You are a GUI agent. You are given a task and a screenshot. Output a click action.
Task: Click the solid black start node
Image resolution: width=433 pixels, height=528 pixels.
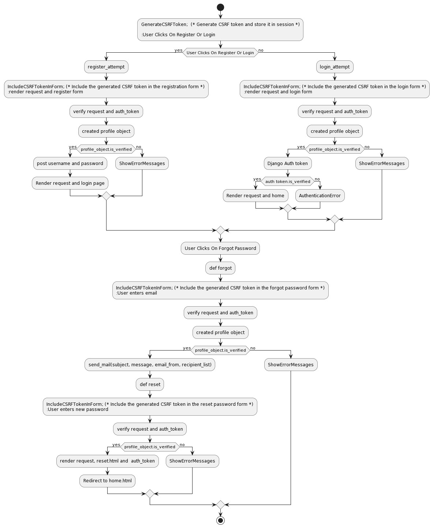tap(220, 7)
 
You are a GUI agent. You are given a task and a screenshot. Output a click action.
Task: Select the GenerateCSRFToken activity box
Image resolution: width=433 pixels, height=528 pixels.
tap(220, 30)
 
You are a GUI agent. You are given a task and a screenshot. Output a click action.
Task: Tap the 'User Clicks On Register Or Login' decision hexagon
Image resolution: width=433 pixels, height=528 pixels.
tap(220, 53)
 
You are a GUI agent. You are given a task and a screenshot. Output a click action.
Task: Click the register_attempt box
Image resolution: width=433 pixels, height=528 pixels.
tap(106, 67)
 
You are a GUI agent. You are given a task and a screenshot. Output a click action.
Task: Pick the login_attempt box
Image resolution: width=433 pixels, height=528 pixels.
tap(335, 67)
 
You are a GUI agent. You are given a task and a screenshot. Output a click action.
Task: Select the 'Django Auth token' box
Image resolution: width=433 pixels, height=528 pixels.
tap(288, 164)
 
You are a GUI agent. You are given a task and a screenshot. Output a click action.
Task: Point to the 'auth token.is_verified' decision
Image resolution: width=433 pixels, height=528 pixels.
tap(288, 181)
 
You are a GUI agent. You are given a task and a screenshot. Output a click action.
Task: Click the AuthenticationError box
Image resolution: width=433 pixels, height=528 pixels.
tap(320, 196)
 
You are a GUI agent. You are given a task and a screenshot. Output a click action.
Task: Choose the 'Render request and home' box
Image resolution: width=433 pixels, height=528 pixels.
tap(255, 196)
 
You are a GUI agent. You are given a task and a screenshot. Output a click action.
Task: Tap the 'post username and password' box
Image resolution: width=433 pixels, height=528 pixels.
tap(70, 164)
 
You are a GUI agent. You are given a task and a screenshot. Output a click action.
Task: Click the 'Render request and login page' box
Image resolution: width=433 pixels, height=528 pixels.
tap(70, 183)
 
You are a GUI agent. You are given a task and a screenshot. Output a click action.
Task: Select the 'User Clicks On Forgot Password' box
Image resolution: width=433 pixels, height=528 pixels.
tap(220, 248)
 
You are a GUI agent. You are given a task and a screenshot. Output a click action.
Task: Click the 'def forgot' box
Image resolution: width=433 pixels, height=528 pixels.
tap(220, 268)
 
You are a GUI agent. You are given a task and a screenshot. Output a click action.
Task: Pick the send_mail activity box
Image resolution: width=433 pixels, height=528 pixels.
tap(150, 365)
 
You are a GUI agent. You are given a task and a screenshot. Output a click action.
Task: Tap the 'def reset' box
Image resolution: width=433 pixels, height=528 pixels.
tap(150, 385)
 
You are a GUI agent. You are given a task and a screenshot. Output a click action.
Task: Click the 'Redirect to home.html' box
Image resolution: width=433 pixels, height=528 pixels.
tap(107, 481)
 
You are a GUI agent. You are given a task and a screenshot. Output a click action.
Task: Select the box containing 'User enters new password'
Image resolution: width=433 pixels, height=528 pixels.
tap(150, 407)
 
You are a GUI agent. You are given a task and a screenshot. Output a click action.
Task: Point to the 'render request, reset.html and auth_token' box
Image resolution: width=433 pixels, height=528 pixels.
tap(107, 461)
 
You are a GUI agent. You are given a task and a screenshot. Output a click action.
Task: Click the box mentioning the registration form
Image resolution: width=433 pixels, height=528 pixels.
tap(106, 89)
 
